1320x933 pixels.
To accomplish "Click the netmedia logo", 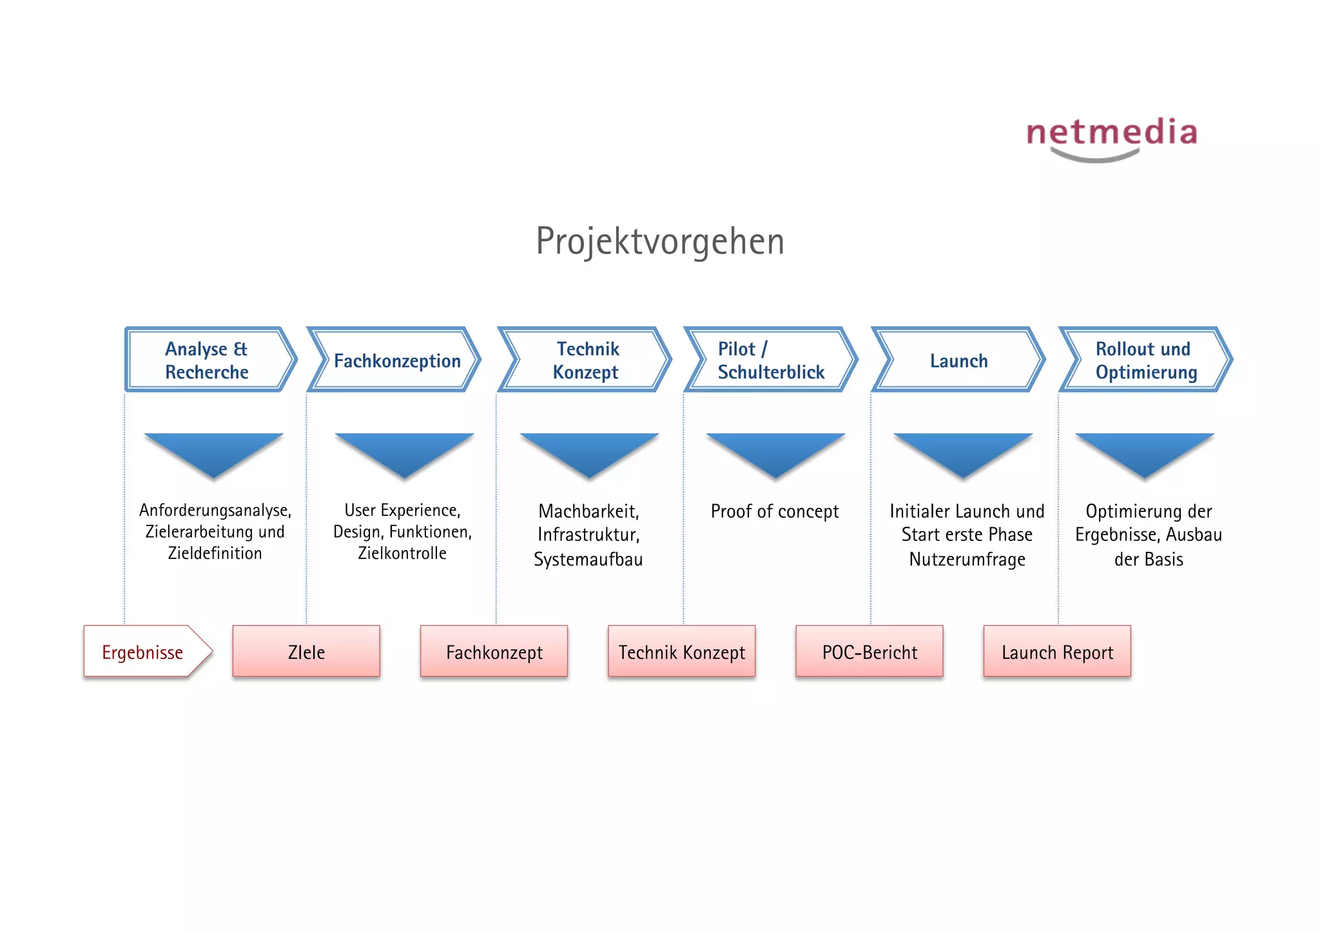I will [x=1112, y=137].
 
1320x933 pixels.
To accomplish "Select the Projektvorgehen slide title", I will [x=660, y=241].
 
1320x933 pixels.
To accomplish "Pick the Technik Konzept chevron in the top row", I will [x=585, y=360].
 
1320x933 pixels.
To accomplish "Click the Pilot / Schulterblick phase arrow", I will [x=770, y=360].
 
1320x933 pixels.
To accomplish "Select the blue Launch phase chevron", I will [x=958, y=360].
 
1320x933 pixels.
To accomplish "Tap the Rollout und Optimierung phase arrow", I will [x=1145, y=360].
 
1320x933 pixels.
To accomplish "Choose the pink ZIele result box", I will [x=306, y=651].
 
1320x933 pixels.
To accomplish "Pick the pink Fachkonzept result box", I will [x=494, y=651].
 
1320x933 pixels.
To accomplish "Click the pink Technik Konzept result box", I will [x=681, y=651].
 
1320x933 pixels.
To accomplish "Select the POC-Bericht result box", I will [x=869, y=651].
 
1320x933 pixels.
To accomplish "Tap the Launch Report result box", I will [x=1057, y=651].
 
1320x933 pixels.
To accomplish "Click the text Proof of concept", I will [x=775, y=511].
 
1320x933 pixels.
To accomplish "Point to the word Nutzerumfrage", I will [x=967, y=559].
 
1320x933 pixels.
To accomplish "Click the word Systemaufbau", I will [x=588, y=559].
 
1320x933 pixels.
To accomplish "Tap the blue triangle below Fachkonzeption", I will [x=404, y=452].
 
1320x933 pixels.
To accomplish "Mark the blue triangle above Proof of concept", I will [x=775, y=452].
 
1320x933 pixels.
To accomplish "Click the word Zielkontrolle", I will [x=402, y=553].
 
